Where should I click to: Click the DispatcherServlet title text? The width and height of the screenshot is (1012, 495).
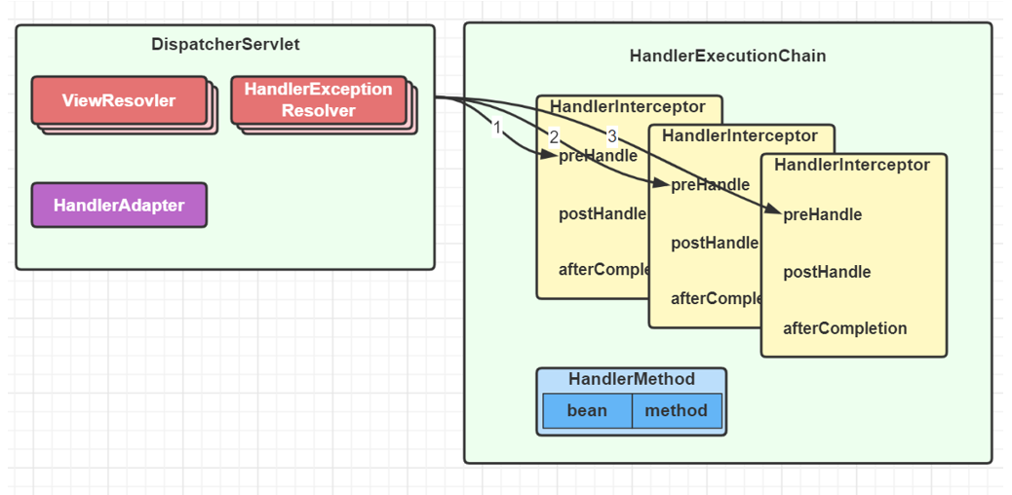click(x=225, y=44)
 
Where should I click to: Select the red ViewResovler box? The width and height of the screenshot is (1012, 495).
click(x=119, y=100)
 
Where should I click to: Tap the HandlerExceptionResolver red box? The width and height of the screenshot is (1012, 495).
click(x=318, y=99)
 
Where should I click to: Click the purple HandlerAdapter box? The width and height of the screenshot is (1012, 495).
click(x=119, y=205)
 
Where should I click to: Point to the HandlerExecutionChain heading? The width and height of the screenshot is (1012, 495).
click(x=727, y=56)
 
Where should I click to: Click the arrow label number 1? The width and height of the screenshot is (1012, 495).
click(x=496, y=128)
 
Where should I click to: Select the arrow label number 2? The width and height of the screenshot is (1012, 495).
click(x=554, y=137)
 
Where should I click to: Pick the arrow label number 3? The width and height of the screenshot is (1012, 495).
click(x=612, y=135)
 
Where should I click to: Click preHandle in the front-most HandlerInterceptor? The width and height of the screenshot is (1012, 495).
click(x=823, y=214)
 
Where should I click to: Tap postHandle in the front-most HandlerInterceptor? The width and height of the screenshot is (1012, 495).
click(x=827, y=272)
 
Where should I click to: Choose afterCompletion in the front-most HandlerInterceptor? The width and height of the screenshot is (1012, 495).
click(x=844, y=328)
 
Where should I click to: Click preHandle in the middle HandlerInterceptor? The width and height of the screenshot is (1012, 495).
click(x=711, y=185)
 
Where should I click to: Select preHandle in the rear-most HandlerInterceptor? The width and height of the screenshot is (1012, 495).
click(x=599, y=156)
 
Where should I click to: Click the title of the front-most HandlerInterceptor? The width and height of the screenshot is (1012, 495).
click(x=852, y=165)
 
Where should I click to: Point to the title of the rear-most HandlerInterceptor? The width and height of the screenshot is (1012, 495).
click(x=628, y=106)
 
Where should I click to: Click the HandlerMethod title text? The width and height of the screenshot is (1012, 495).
click(x=632, y=379)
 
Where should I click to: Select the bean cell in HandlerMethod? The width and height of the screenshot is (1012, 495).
click(x=587, y=410)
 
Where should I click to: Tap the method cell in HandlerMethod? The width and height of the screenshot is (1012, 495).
click(x=676, y=410)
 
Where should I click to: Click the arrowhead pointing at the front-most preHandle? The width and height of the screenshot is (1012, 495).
click(x=774, y=209)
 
